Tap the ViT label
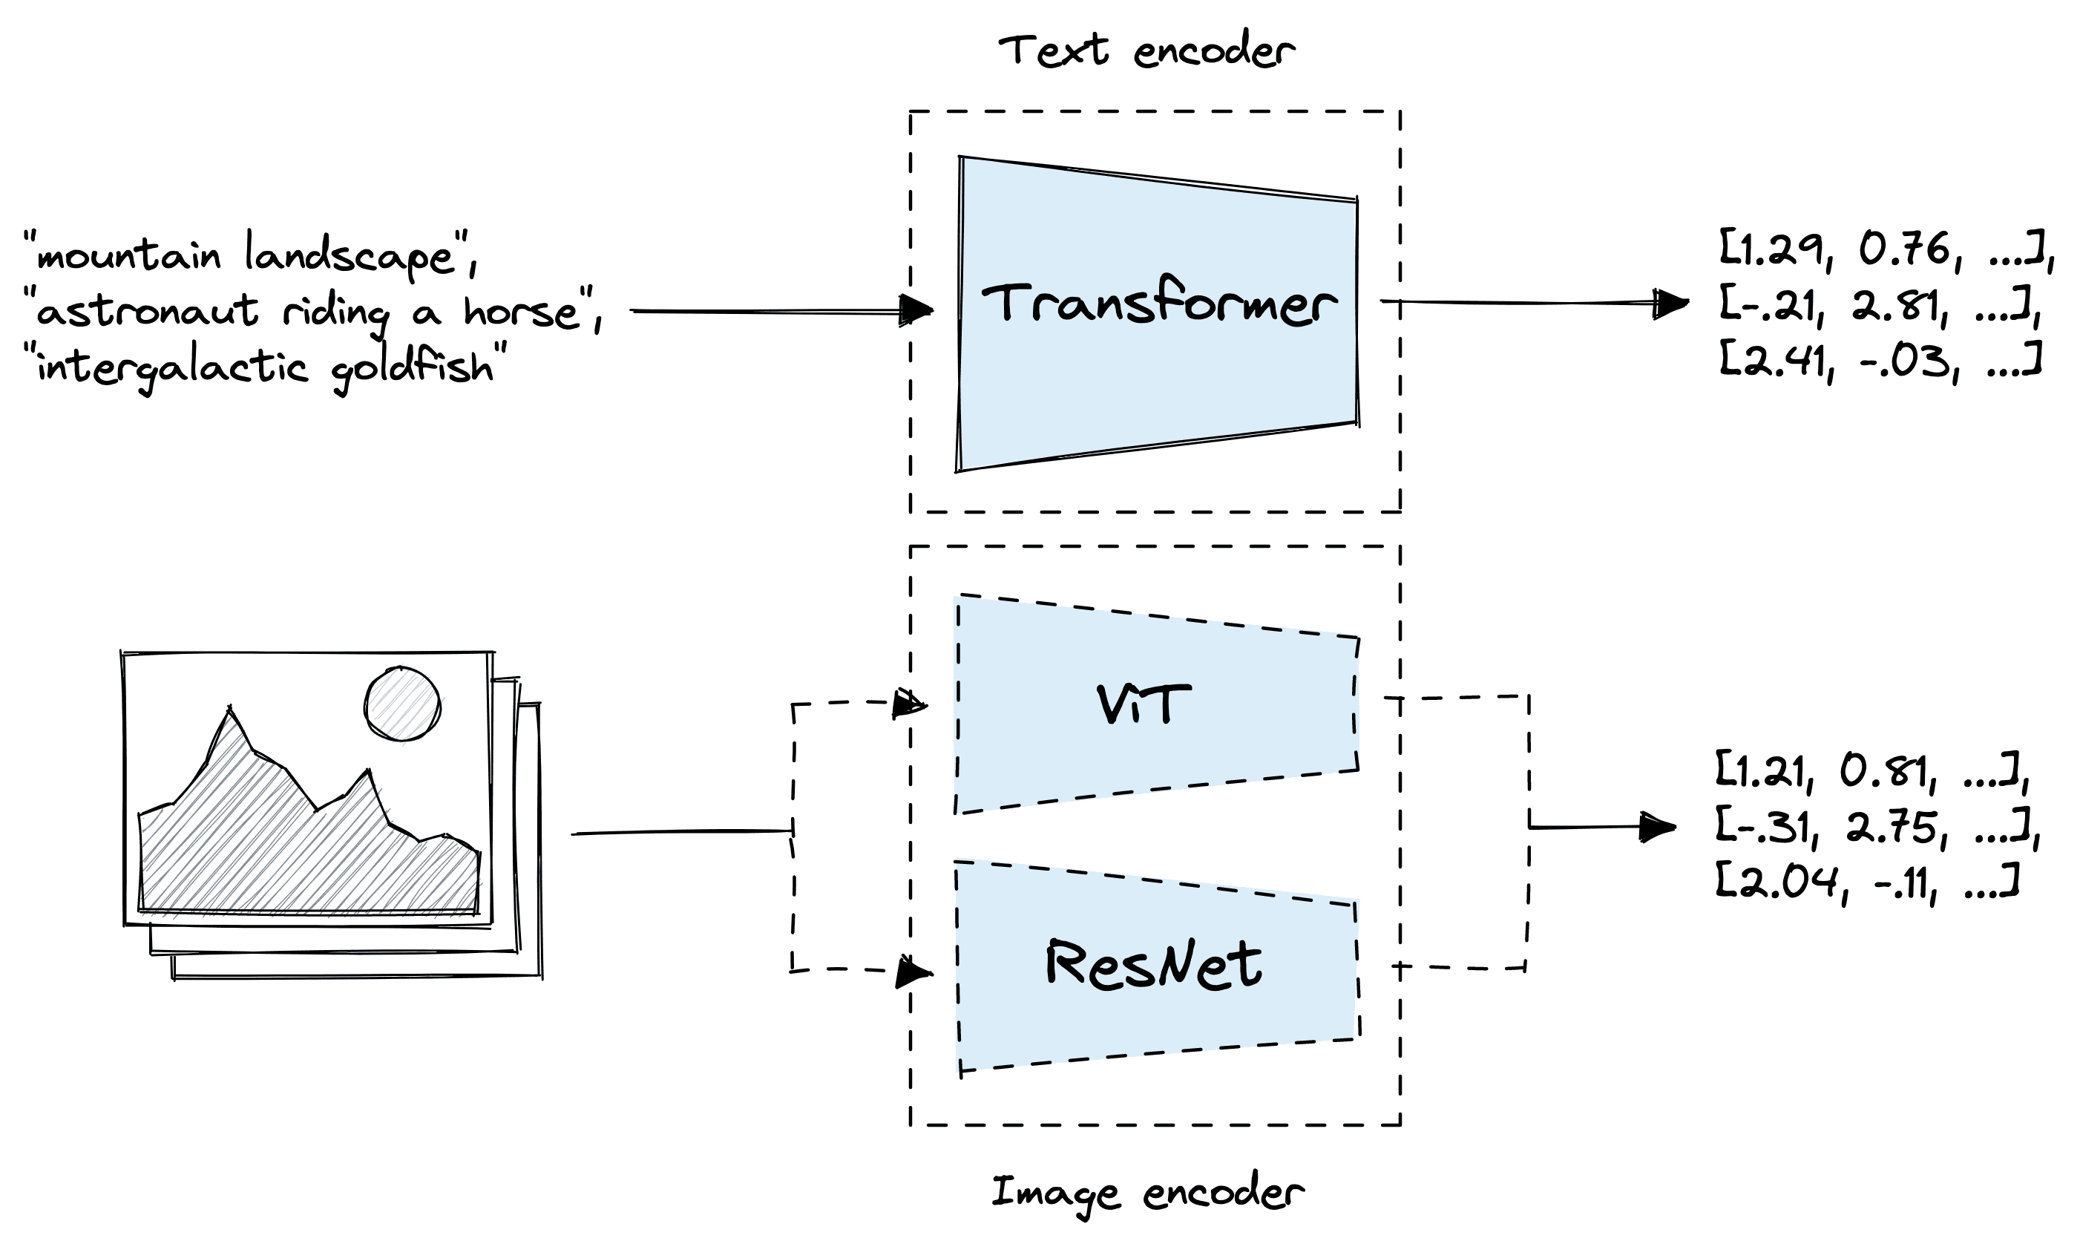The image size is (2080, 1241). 1143,704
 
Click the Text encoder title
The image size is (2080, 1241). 1146,50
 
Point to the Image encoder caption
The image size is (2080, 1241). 1146,1193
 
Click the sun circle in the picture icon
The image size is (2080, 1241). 402,704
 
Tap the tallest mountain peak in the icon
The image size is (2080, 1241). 230,713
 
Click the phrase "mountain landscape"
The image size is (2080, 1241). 246,255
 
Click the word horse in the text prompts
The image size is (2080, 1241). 522,312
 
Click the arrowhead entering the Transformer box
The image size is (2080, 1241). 917,310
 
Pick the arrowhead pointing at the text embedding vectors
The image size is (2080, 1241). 1670,303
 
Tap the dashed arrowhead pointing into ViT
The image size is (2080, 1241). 910,704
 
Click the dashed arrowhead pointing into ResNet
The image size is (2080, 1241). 913,972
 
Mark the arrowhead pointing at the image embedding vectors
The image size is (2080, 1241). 1657,827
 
